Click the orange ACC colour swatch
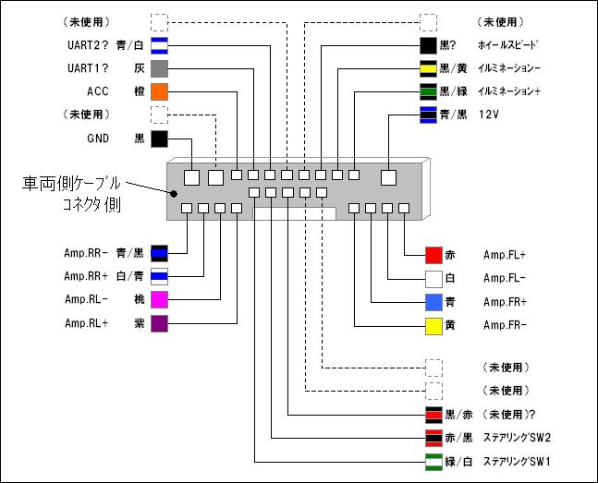pyautogui.click(x=158, y=91)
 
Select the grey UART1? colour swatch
pyautogui.click(x=158, y=68)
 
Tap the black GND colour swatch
pyautogui.click(x=158, y=139)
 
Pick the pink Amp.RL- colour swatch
pyautogui.click(x=158, y=299)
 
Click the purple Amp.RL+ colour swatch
pyautogui.click(x=158, y=322)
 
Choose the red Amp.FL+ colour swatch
pyautogui.click(x=433, y=254)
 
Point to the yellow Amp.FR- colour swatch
pyautogui.click(x=433, y=325)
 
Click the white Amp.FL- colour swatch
pyautogui.click(x=433, y=277)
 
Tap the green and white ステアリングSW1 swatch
pyautogui.click(x=433, y=461)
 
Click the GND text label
pyautogui.click(x=99, y=139)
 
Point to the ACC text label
pyautogui.click(x=99, y=91)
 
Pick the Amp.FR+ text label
pyautogui.click(x=505, y=302)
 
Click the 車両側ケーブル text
pyautogui.click(x=69, y=183)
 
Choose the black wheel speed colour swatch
pyautogui.click(x=429, y=44)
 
